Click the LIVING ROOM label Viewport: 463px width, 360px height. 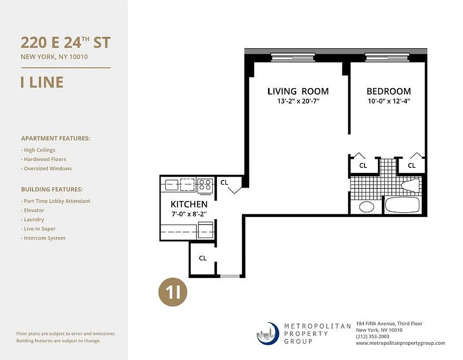point(298,91)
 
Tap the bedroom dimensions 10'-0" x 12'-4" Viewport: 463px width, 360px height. point(388,101)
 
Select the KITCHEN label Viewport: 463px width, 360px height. point(189,204)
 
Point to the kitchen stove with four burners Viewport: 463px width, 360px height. point(205,184)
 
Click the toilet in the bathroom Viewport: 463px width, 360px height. point(410,185)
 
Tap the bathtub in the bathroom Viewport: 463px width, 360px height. point(402,206)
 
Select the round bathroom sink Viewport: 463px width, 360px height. point(367,207)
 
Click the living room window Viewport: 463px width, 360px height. point(292,57)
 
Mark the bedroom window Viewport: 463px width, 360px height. point(387,57)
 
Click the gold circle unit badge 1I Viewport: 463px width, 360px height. point(172,292)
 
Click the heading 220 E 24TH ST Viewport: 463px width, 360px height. point(65,43)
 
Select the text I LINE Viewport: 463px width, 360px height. point(42,82)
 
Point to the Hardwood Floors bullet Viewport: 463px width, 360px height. point(44,159)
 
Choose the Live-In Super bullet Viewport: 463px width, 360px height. point(40,229)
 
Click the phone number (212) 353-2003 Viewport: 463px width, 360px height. point(373,337)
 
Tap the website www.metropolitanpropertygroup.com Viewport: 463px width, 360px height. point(400,343)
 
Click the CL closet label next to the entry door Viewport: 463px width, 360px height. point(203,258)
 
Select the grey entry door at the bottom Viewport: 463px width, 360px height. point(230,276)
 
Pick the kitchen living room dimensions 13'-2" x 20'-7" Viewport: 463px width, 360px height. point(298,101)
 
